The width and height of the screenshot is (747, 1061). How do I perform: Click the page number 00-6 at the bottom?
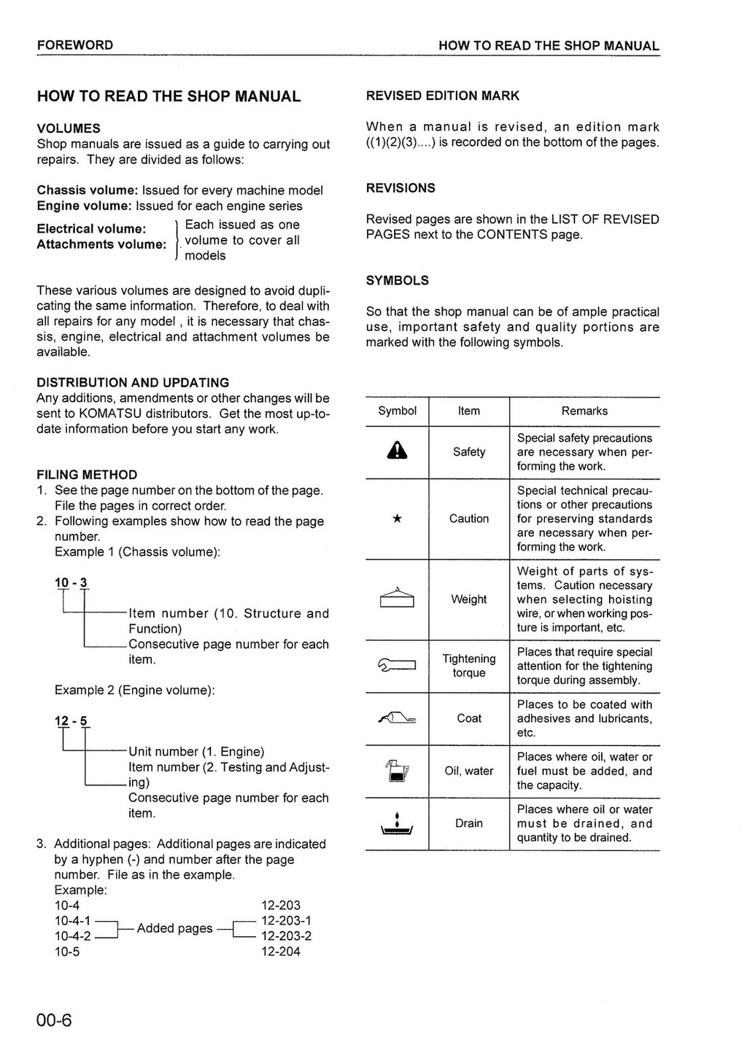click(x=55, y=1019)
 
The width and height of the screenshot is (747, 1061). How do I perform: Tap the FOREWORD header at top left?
click(x=75, y=45)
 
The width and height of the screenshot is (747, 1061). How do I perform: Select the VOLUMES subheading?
click(x=69, y=128)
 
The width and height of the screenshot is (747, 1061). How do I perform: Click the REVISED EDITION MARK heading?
click(x=442, y=96)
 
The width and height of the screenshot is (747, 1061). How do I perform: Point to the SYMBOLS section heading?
click(x=397, y=281)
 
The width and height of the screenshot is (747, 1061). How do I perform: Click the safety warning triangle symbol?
click(x=397, y=452)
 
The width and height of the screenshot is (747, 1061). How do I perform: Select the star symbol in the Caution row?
click(x=397, y=518)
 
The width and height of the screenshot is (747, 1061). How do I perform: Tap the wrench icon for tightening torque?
click(x=397, y=665)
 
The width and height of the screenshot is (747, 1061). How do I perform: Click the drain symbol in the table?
click(x=397, y=823)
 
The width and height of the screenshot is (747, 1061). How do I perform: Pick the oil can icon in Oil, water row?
click(x=397, y=771)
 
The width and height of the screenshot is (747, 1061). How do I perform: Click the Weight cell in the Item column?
click(x=468, y=599)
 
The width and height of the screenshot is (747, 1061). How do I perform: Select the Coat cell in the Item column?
click(x=468, y=718)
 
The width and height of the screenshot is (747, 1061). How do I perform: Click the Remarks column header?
click(x=584, y=411)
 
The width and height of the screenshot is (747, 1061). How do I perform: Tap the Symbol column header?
click(x=397, y=411)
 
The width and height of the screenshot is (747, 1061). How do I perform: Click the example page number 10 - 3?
click(x=71, y=583)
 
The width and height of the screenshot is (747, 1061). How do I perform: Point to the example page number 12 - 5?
click(x=71, y=721)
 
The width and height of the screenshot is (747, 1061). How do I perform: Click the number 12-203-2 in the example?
click(x=286, y=936)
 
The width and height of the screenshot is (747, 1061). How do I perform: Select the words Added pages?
click(x=174, y=928)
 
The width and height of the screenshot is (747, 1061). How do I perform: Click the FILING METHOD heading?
click(x=87, y=475)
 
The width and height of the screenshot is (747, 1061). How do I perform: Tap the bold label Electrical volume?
click(x=91, y=229)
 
